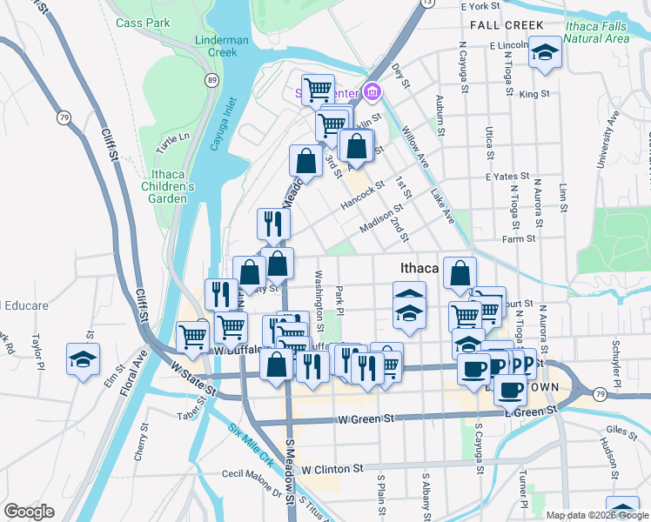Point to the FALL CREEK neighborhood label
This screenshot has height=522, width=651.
507,25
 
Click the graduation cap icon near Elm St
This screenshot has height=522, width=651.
84,358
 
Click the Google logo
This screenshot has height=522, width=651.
29,512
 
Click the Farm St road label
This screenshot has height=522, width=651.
519,238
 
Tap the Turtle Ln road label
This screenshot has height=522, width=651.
172,138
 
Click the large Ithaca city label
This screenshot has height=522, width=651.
422,268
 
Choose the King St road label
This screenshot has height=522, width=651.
534,93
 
